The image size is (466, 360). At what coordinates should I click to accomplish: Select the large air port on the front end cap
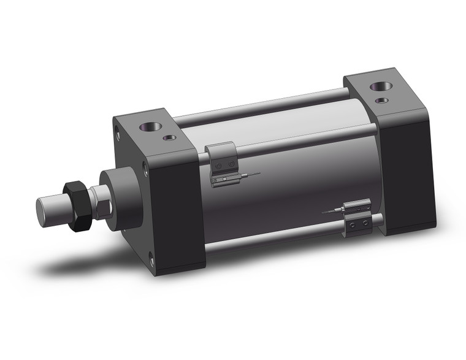pos(151,128)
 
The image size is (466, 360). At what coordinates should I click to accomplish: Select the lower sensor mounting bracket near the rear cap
pos(357,224)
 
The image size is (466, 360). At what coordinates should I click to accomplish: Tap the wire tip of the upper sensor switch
pos(258,174)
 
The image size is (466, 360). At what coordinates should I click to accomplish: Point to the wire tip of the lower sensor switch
pos(324,213)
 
